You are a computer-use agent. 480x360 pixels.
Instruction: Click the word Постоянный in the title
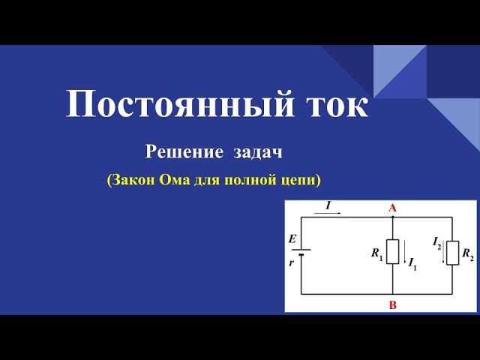click(x=180, y=103)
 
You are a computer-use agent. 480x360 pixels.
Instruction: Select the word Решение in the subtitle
click(x=184, y=152)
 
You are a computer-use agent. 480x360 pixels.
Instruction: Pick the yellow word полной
click(x=250, y=180)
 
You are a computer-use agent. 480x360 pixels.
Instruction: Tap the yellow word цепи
click(x=298, y=181)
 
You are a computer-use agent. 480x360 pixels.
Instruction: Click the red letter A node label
click(x=392, y=208)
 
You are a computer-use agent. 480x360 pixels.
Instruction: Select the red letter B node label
click(x=393, y=305)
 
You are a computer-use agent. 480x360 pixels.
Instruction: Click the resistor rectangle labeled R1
click(x=392, y=252)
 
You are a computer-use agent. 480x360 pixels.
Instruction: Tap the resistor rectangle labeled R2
click(x=452, y=253)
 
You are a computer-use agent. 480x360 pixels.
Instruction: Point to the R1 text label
click(x=377, y=253)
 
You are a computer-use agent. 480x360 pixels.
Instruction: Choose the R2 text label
click(x=468, y=254)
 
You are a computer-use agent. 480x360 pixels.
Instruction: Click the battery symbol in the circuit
click(x=301, y=252)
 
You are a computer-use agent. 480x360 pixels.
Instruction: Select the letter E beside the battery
click(x=292, y=238)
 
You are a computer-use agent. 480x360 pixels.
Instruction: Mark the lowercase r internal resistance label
click(x=292, y=262)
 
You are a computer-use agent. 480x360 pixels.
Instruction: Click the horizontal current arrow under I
click(x=327, y=213)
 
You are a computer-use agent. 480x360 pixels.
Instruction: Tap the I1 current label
click(x=412, y=265)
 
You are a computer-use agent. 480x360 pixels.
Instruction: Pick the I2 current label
click(x=436, y=244)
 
